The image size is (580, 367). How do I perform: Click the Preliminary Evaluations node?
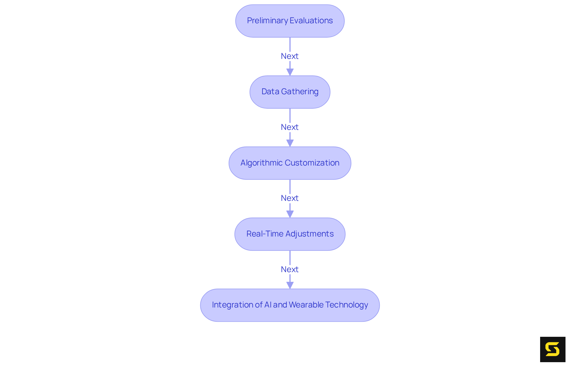(x=290, y=21)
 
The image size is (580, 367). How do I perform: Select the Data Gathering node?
(x=290, y=92)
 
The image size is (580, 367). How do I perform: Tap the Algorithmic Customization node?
(x=290, y=163)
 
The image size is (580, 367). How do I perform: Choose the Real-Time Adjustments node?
(x=290, y=234)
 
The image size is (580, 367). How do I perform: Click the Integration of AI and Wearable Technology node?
(x=290, y=305)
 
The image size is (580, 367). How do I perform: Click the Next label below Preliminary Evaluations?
(x=290, y=56)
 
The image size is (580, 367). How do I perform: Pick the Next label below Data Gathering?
(x=290, y=127)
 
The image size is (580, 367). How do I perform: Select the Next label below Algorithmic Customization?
(x=290, y=198)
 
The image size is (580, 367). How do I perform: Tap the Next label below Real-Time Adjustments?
(x=290, y=269)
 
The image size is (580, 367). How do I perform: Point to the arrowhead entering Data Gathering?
(x=290, y=72)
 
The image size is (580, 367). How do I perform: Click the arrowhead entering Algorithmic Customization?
(x=290, y=143)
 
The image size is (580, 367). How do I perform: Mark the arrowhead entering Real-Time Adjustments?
(x=290, y=214)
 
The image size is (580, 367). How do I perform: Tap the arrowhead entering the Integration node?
(x=290, y=285)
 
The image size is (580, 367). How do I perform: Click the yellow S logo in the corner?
(x=553, y=349)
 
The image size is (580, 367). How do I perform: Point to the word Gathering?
(x=300, y=92)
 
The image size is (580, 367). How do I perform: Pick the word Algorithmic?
(x=261, y=163)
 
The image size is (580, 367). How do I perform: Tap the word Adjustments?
(x=309, y=234)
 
